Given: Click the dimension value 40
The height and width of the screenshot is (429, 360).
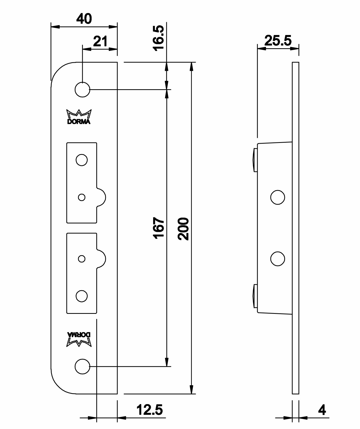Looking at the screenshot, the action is coord(84,19).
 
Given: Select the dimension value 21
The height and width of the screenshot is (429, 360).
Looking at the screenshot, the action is coord(100,41).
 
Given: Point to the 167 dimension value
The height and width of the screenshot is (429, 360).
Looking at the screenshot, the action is coord(159,228).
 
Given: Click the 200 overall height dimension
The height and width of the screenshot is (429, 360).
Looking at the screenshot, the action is coord(183,229).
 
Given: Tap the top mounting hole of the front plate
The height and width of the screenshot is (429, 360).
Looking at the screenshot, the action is coord(82,89).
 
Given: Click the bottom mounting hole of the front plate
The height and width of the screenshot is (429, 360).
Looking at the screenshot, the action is coord(82,366).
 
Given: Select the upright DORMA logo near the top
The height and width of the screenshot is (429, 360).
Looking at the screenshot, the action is coord(79,117).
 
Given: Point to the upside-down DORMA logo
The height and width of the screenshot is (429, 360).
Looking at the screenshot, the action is coord(79,339).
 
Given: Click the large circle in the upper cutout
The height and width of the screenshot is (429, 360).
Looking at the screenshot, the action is coord(81,160).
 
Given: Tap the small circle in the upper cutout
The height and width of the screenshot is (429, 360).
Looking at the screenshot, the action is coord(82,197).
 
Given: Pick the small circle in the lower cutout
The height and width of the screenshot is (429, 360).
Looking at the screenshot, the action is coord(82,259).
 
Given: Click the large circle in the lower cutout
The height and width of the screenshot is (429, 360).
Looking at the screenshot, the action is coord(81,296).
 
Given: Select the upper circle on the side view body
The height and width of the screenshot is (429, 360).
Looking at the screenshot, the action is coord(277,197).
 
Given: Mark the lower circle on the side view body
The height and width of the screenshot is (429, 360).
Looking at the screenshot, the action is coord(277,259).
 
